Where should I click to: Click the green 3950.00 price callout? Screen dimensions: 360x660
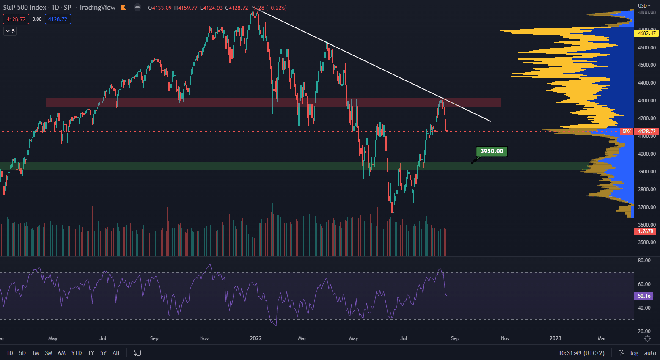tap(492, 151)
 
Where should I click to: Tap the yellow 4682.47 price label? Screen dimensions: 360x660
tap(646, 33)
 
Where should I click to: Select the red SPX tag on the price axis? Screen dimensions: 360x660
tap(627, 132)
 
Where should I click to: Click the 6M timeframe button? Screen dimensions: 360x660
tap(62, 353)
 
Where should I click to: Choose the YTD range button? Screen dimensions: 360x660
tap(77, 353)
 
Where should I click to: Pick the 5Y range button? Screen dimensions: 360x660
tap(103, 353)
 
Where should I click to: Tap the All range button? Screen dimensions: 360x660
tap(116, 353)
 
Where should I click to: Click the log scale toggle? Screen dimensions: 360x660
tap(634, 353)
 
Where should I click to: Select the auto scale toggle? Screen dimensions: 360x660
tap(650, 353)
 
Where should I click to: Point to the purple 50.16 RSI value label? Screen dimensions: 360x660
tap(644, 296)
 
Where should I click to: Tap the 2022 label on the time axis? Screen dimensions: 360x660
tap(256, 338)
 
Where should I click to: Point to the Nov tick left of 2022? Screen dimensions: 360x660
tap(204, 338)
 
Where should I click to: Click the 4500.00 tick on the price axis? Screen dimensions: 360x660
tap(647, 65)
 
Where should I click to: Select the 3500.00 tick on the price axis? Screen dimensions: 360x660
tap(647, 242)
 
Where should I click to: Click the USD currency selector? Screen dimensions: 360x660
tap(644, 6)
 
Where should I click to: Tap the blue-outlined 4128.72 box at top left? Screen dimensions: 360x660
tap(58, 19)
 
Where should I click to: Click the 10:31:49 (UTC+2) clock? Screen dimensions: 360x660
tap(581, 353)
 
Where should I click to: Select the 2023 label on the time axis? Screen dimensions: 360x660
tap(555, 338)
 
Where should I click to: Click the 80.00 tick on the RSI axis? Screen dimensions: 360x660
tap(644, 261)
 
